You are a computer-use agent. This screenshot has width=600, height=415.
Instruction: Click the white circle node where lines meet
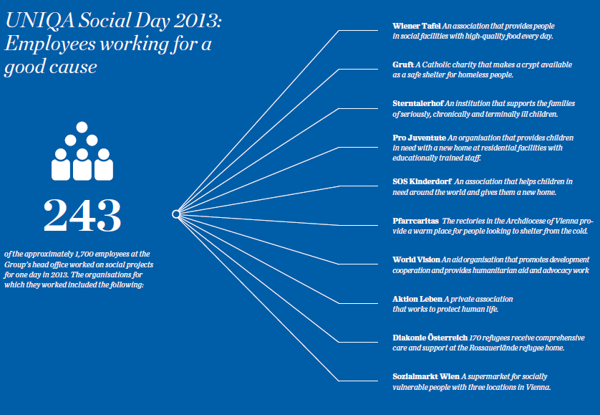coord(175,214)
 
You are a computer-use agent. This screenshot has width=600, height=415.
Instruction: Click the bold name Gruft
coord(403,65)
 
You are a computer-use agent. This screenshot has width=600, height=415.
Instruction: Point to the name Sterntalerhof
coord(418,104)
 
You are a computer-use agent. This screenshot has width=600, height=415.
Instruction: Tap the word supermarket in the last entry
coord(489,376)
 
